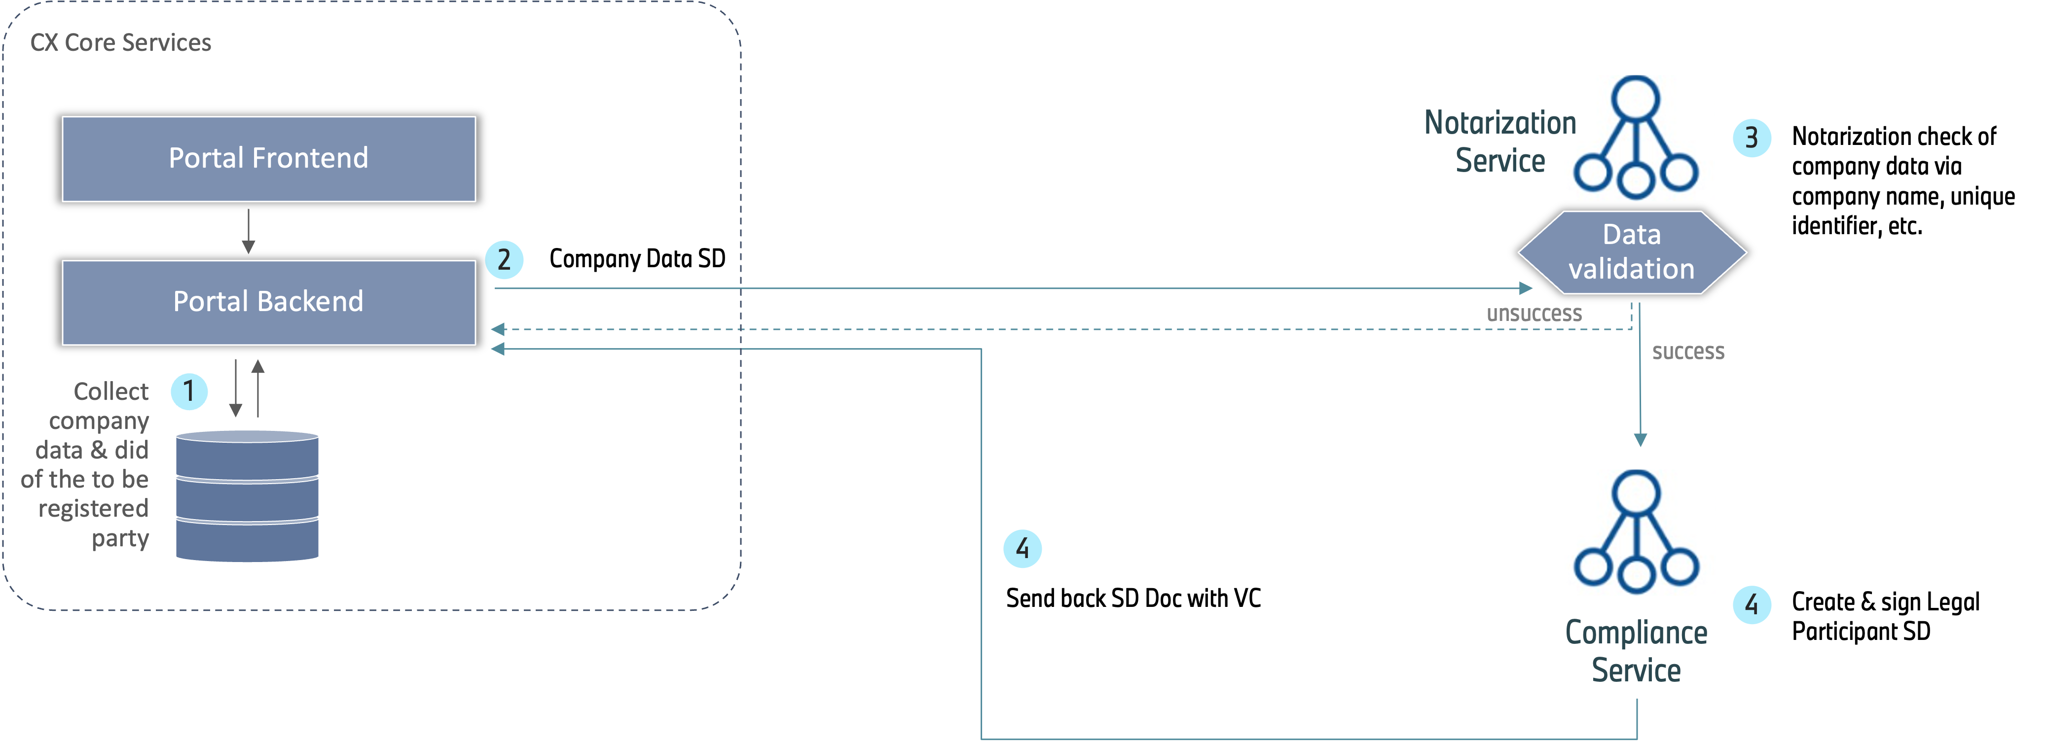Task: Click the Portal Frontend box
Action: [x=269, y=159]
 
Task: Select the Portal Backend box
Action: [x=269, y=302]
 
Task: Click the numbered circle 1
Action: [x=189, y=391]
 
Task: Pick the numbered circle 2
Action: [x=504, y=260]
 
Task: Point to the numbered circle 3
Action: [x=1752, y=138]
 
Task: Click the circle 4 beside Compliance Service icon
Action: [x=1752, y=605]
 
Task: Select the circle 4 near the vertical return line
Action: [x=1023, y=549]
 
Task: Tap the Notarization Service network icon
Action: [x=1639, y=138]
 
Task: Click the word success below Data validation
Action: [x=1688, y=352]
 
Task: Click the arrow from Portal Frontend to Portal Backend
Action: [x=248, y=231]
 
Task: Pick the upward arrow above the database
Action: [x=257, y=388]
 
